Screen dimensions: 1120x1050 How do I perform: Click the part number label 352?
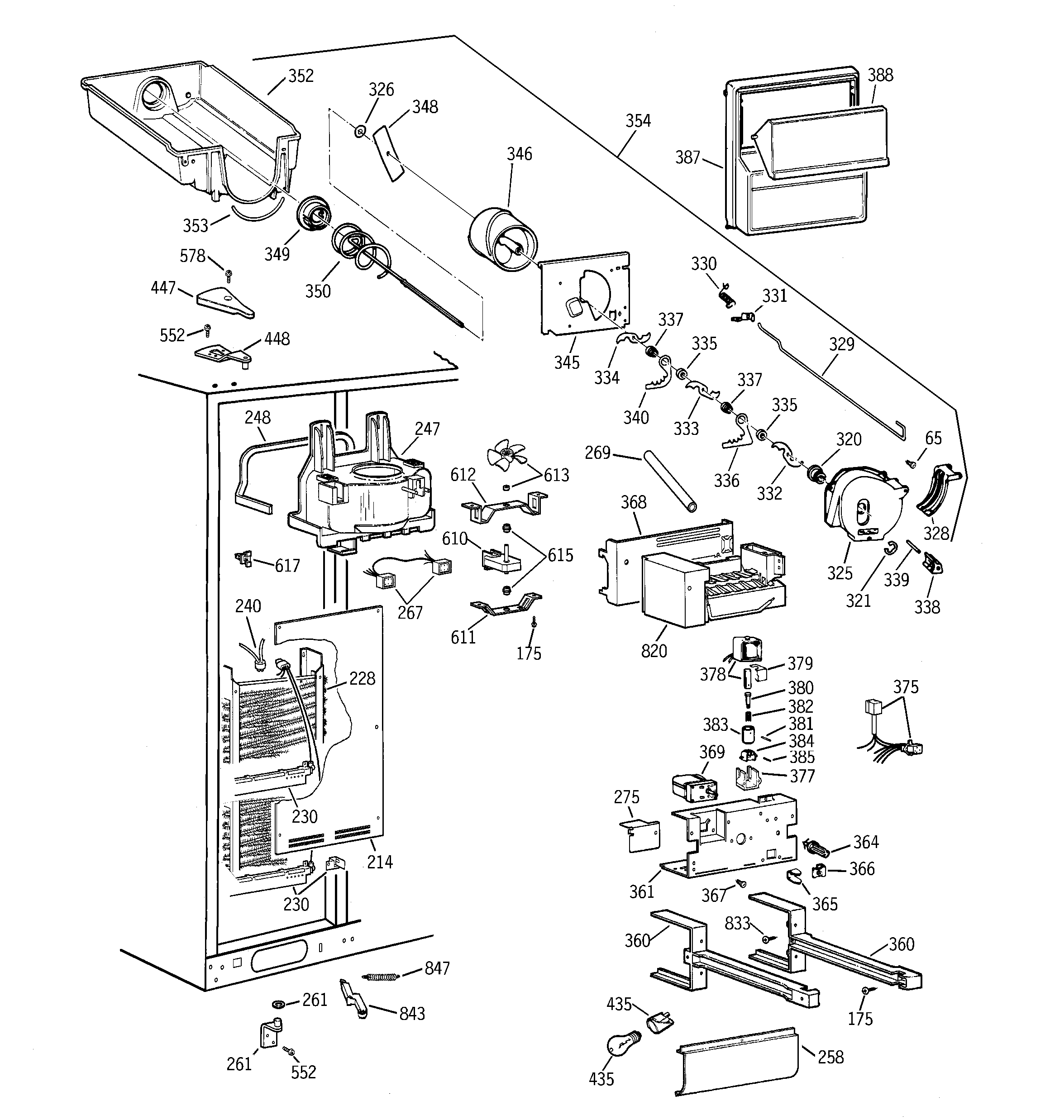point(301,76)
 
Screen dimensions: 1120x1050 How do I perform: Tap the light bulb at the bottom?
point(623,1046)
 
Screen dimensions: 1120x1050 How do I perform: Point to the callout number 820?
point(654,651)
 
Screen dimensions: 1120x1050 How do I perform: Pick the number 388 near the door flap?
point(880,76)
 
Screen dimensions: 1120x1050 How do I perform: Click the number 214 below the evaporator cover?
point(379,862)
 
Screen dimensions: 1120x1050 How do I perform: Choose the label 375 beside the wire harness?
point(905,687)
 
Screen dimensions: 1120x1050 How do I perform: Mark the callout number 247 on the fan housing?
point(427,429)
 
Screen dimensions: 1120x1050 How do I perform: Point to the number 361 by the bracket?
point(641,891)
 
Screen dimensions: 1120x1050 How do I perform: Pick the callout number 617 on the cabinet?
point(287,565)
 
